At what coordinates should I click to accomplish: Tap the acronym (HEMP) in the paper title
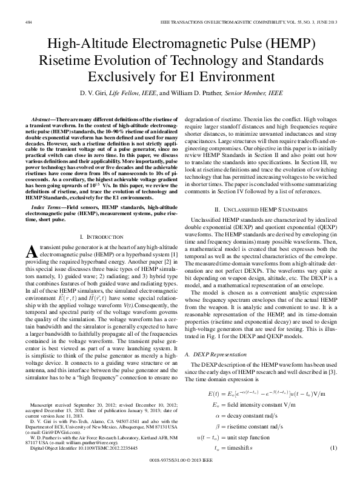point(274,44)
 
